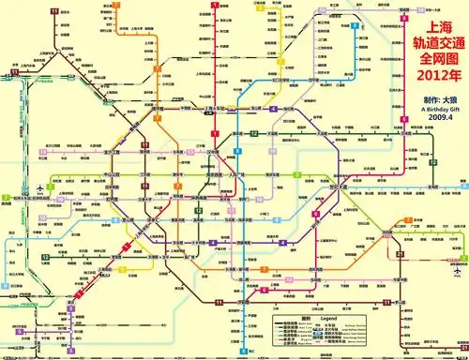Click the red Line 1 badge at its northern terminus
click(214, 5)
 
